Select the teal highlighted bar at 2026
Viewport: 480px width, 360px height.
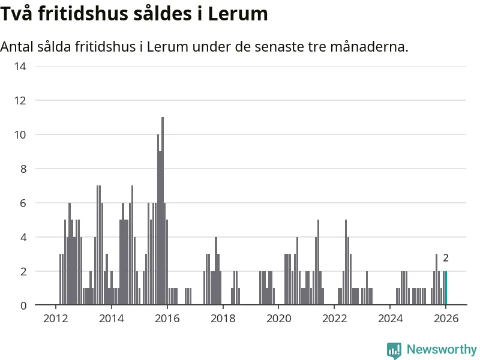(x=446, y=289)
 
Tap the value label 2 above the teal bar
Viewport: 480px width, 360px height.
(x=446, y=258)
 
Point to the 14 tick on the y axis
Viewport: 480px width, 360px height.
(x=20, y=66)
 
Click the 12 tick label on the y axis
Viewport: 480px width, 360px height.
(x=20, y=100)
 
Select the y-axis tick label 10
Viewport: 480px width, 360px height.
(x=20, y=134)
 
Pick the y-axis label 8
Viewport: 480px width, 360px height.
(x=22, y=169)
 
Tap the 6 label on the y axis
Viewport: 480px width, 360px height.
(x=22, y=203)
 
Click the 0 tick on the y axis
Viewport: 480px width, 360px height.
(x=22, y=305)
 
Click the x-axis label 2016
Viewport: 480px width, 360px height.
(x=167, y=318)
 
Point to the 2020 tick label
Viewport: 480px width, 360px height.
(x=279, y=318)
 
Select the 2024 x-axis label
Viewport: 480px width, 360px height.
(x=391, y=318)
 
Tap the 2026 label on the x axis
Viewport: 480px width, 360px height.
(x=446, y=318)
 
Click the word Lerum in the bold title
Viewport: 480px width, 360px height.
(x=238, y=13)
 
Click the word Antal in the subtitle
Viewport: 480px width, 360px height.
(x=17, y=46)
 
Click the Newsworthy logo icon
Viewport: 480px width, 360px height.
(x=394, y=350)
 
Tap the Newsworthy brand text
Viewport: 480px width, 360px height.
(x=442, y=349)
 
